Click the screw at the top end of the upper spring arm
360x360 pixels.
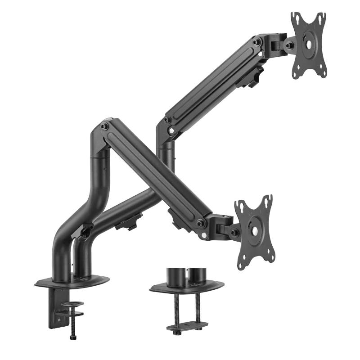[x=256, y=42]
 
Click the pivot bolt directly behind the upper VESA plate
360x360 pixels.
[x=288, y=45]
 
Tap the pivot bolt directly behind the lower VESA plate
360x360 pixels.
[x=234, y=232]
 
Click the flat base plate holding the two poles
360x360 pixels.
[x=72, y=281]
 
